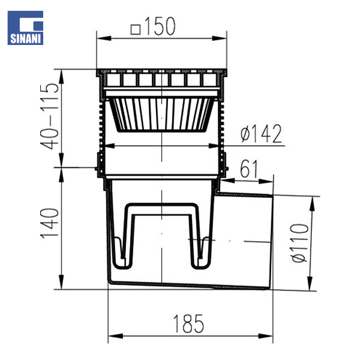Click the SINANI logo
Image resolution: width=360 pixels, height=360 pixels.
[25, 28]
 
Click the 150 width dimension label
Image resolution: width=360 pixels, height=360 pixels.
[160, 26]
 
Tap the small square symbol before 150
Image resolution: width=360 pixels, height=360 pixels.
[136, 30]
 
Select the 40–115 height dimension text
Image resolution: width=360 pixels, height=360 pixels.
[50, 116]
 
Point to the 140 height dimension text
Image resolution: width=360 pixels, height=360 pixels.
[50, 224]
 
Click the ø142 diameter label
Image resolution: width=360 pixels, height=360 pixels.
[261, 134]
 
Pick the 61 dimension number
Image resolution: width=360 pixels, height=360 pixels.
[249, 169]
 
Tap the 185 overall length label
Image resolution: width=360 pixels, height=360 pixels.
[188, 324]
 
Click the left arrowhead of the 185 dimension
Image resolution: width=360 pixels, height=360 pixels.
[115, 336]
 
